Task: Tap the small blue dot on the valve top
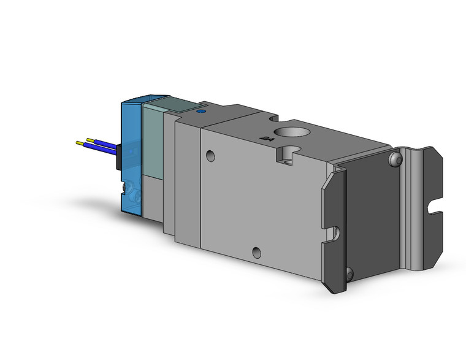click(x=198, y=112)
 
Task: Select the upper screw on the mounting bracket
click(x=394, y=161)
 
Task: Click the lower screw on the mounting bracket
click(x=349, y=274)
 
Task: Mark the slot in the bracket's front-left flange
click(x=334, y=232)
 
